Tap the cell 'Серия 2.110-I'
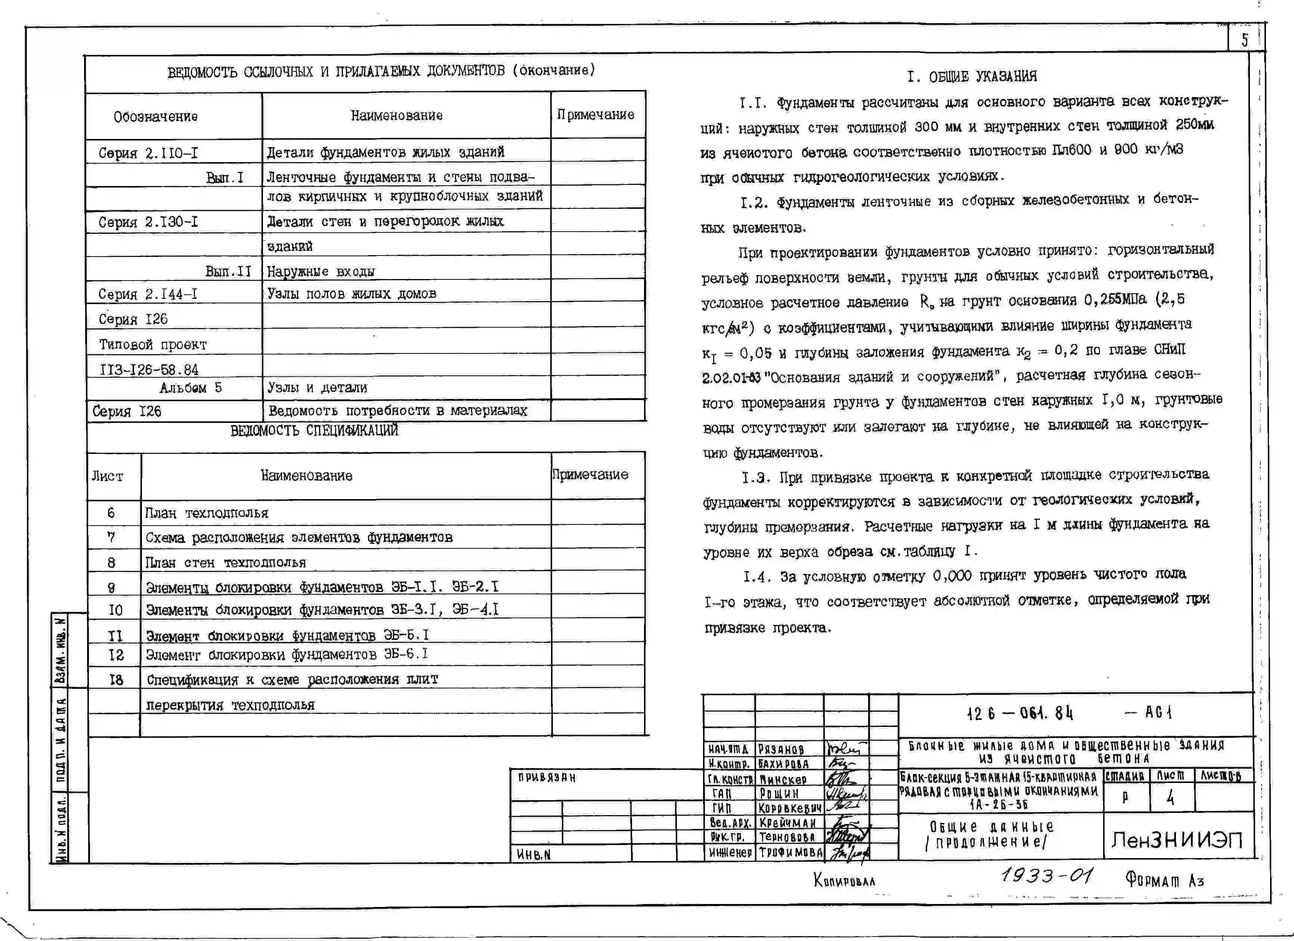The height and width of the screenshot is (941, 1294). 148,153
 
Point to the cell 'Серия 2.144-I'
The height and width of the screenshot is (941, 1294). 148,294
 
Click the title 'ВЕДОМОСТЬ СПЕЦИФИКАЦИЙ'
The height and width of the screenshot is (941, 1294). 315,430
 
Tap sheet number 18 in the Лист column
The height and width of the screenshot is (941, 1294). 116,680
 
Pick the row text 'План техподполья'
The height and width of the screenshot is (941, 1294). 207,513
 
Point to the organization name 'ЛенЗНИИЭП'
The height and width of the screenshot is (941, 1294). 1176,839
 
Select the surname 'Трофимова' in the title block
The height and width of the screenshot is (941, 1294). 790,852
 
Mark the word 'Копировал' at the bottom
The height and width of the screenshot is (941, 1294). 844,880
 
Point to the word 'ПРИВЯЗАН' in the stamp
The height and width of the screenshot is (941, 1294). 547,778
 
